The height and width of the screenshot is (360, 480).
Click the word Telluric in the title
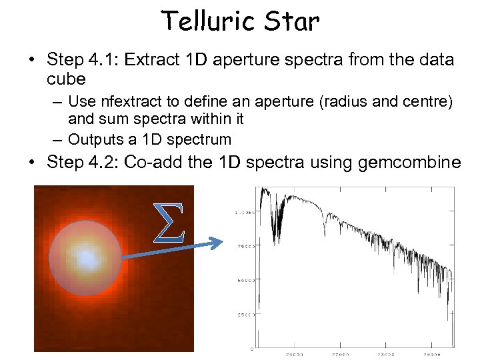207,22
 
